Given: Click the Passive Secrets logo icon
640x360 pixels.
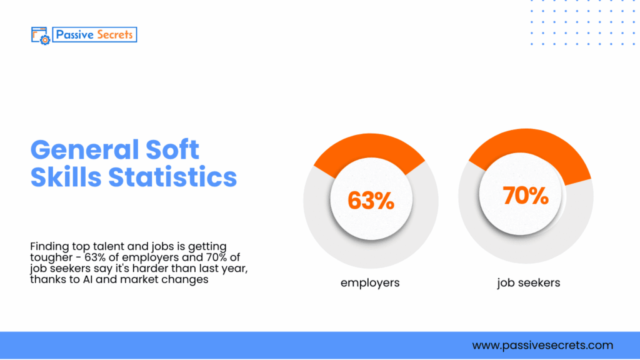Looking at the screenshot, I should (39, 35).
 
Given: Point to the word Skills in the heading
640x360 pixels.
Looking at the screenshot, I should (66, 177).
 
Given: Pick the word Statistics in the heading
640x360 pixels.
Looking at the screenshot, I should (173, 177).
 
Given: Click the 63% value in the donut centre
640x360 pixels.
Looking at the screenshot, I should (371, 201).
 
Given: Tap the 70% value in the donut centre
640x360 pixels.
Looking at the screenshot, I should (526, 196).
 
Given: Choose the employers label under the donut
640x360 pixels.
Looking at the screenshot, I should (370, 283).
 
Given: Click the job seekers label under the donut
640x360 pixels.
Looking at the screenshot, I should (529, 283).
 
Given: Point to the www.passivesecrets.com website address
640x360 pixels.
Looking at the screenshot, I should (542, 345).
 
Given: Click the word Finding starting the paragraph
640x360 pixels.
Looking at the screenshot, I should (47, 247).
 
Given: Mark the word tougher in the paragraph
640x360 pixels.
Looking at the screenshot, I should (49, 258).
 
